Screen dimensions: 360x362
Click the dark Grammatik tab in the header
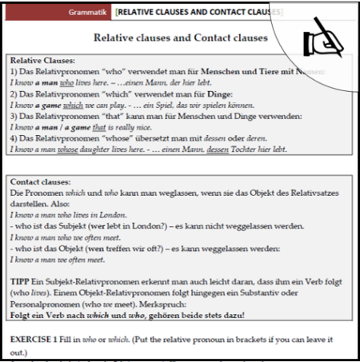[x=86, y=14]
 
